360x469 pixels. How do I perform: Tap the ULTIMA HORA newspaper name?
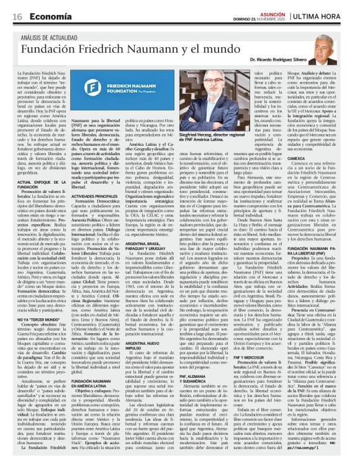[327, 16]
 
